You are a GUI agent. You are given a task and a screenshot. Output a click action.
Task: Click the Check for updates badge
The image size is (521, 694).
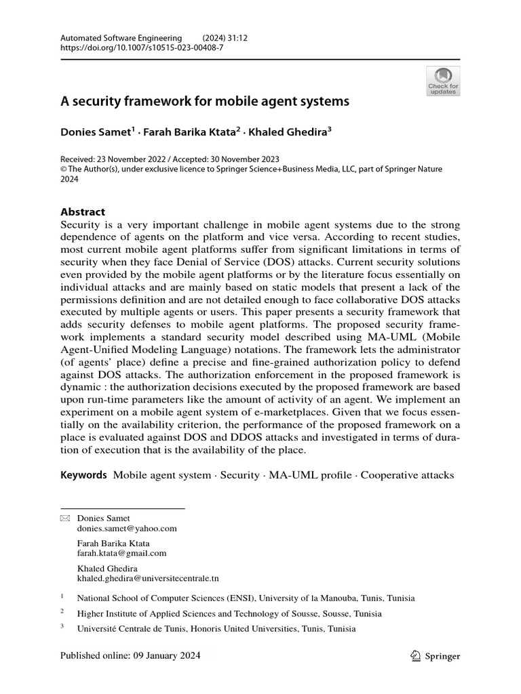[x=442, y=81]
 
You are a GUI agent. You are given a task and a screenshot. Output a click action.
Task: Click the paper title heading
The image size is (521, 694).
[x=205, y=102]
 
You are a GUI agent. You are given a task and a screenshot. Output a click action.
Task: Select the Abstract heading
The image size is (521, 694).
[x=83, y=212]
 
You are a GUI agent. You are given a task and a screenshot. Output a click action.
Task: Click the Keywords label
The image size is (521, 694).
[x=83, y=475]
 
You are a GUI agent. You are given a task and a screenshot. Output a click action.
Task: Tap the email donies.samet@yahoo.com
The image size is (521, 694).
[x=127, y=529]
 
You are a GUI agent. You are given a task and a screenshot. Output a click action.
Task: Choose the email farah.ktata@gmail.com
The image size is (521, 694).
[x=121, y=553]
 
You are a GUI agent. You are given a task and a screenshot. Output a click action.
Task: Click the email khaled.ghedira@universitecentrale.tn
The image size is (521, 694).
[x=148, y=578]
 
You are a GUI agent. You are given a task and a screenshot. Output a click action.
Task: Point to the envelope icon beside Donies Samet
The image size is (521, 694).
[x=65, y=518]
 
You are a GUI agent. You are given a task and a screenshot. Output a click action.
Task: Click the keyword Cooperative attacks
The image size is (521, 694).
[x=407, y=475]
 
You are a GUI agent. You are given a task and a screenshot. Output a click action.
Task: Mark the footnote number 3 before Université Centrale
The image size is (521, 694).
[x=62, y=627]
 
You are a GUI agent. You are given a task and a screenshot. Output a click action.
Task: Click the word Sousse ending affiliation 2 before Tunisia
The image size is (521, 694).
[x=330, y=613]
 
